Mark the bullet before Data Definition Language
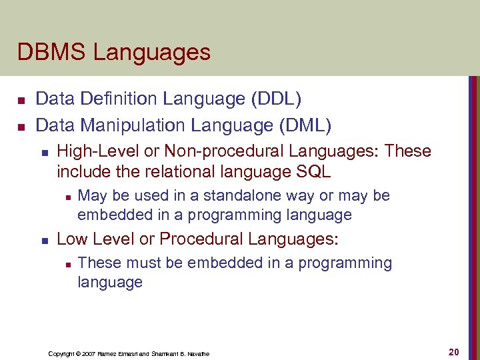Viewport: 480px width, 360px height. click(x=21, y=101)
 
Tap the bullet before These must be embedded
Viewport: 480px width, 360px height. click(x=67, y=264)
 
